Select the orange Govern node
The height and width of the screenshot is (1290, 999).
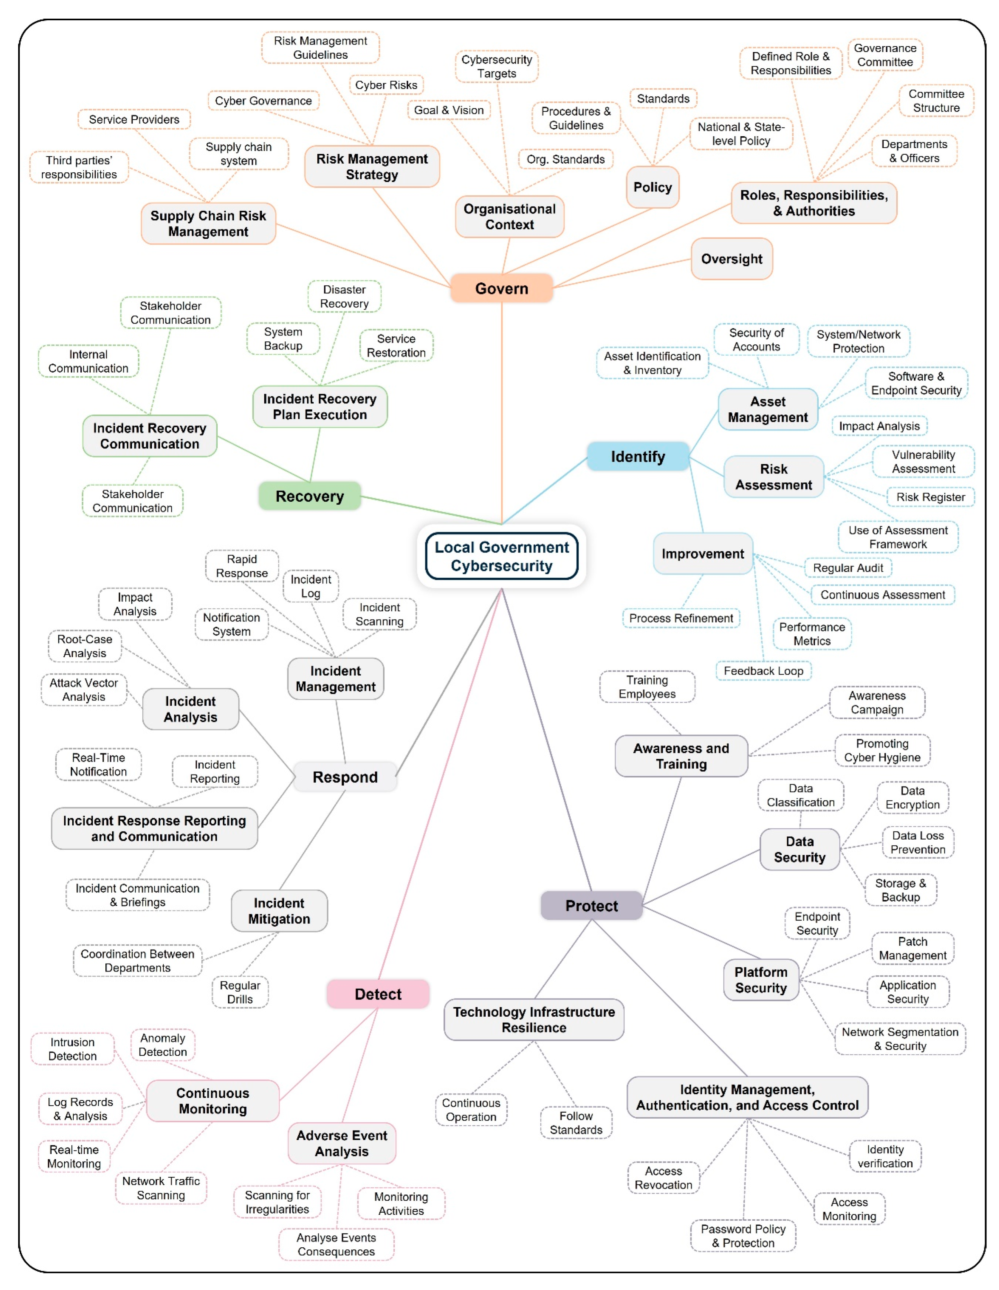[502, 288]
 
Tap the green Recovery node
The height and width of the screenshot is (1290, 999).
[309, 496]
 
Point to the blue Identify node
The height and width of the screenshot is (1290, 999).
[638, 456]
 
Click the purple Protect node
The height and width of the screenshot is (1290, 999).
[592, 906]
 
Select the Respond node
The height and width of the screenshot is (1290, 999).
[345, 777]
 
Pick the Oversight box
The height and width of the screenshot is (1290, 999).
[731, 259]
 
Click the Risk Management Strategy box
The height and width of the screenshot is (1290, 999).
[371, 167]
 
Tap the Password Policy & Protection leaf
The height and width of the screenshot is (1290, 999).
[743, 1236]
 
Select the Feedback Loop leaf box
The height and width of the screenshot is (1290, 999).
[763, 671]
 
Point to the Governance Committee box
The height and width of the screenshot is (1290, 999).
[885, 55]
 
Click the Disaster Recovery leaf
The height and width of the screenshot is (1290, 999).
[344, 296]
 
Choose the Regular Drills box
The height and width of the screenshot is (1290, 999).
[240, 992]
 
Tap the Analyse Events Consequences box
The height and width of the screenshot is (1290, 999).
[336, 1245]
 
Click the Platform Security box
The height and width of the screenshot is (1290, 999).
[761, 980]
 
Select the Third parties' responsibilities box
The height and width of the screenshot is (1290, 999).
[79, 167]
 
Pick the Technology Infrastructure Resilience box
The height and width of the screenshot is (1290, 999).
[534, 1020]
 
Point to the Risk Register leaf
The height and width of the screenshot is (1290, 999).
[930, 497]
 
